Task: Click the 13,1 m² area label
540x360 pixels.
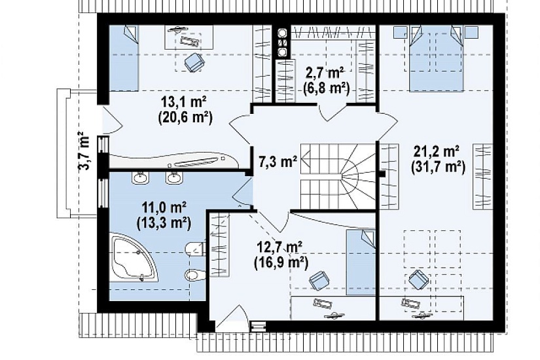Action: tap(183, 102)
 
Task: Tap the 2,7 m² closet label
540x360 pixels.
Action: tap(325, 73)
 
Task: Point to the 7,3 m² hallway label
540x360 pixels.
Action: tap(278, 161)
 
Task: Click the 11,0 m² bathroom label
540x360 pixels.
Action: tap(164, 208)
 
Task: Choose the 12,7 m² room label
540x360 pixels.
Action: tap(279, 247)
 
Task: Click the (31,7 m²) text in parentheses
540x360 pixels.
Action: tap(438, 167)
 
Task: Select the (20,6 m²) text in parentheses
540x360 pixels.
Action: tap(185, 117)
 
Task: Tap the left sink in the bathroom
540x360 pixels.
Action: tap(140, 177)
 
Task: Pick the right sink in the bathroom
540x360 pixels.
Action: tap(174, 177)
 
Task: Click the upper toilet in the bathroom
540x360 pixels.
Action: tap(195, 248)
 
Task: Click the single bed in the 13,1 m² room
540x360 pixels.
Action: tap(124, 58)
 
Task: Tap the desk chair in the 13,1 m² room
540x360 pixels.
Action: tap(194, 62)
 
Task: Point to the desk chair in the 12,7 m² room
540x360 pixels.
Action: tap(319, 280)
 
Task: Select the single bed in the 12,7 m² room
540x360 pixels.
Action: tap(361, 262)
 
